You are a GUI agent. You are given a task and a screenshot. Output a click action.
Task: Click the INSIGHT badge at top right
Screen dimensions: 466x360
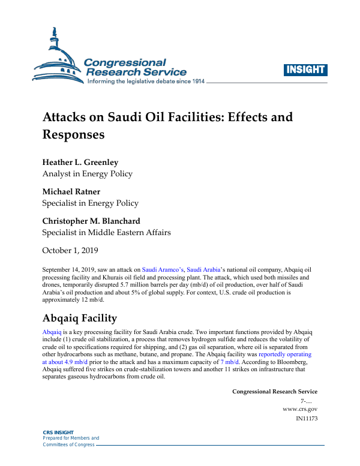click(x=305, y=69)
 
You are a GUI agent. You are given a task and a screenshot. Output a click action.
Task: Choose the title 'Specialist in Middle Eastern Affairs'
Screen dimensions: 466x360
click(x=106, y=232)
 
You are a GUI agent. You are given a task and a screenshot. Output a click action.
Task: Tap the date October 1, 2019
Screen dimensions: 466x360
click(x=70, y=250)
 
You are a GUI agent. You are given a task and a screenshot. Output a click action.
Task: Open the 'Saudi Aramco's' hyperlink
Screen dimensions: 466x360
click(x=163, y=271)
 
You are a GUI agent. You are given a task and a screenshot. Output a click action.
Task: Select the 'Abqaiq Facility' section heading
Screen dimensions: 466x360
click(x=79, y=318)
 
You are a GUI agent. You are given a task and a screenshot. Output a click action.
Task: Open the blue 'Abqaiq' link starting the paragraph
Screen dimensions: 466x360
click(x=52, y=332)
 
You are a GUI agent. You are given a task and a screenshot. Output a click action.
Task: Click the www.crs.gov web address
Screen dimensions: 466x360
click(x=300, y=408)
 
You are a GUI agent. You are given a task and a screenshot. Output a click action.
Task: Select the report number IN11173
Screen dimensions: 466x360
click(x=307, y=418)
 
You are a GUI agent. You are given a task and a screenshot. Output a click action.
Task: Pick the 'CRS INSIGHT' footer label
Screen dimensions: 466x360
click(x=58, y=432)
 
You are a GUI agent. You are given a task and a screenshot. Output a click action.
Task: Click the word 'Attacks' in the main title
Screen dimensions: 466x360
click(x=67, y=117)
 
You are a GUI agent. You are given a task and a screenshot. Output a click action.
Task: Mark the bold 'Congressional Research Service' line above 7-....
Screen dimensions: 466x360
click(x=274, y=391)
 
